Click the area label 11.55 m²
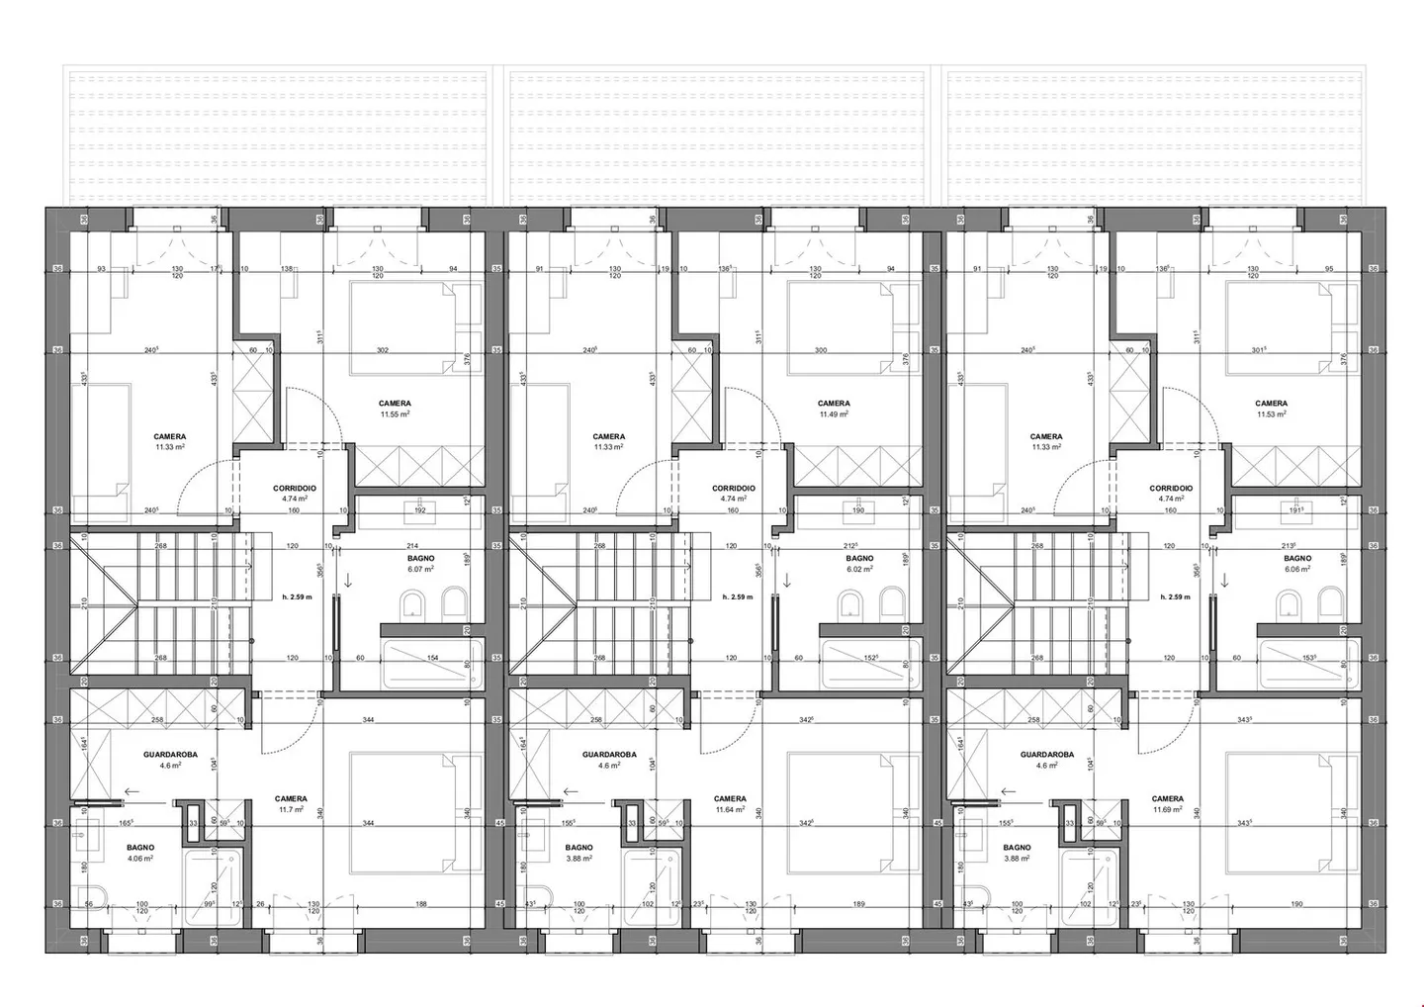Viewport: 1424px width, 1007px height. click(x=395, y=414)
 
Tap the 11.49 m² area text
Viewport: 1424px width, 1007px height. click(x=834, y=414)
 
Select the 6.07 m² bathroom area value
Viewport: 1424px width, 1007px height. click(x=420, y=570)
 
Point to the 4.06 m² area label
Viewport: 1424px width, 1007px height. click(x=140, y=859)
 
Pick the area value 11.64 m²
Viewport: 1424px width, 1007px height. click(x=730, y=810)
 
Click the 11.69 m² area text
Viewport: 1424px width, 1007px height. click(x=1168, y=810)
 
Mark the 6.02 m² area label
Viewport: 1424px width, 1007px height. click(x=859, y=570)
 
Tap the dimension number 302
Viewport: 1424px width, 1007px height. click(x=383, y=350)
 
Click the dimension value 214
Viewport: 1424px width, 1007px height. click(x=413, y=546)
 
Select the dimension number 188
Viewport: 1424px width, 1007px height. click(x=420, y=904)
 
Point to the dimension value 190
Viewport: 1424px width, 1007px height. click(x=1296, y=904)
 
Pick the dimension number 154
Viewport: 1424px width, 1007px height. click(x=432, y=658)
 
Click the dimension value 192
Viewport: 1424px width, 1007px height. click(x=419, y=511)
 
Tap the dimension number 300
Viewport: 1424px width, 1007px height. click(x=821, y=350)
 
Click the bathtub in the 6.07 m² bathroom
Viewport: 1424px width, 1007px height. click(x=433, y=665)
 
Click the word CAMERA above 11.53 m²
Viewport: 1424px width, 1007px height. click(x=1271, y=404)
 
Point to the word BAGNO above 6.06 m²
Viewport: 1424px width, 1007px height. click(x=1297, y=559)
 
